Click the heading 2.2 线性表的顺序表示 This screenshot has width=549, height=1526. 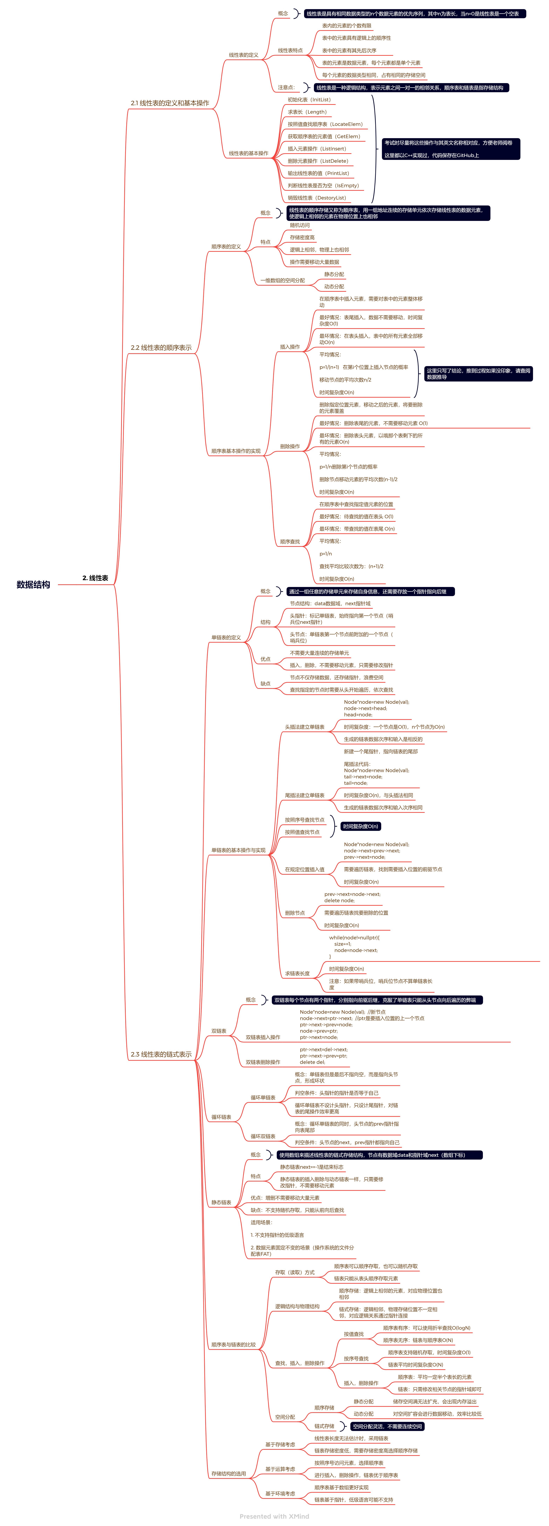tap(161, 348)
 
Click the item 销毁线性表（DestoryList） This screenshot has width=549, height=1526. tap(316, 198)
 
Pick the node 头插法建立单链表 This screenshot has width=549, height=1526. tap(304, 727)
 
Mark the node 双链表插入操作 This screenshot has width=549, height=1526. tap(263, 1037)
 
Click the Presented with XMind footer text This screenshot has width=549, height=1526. tap(274, 1517)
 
